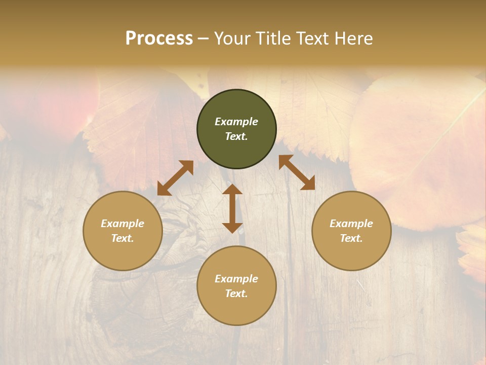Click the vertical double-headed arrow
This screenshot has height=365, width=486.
[x=232, y=208]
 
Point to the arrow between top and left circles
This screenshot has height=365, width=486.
[x=175, y=178]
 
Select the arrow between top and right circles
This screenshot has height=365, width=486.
[x=297, y=172]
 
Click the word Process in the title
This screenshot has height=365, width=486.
[x=159, y=38]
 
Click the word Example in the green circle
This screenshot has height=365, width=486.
[x=236, y=122]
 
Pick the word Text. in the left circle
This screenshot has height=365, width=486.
[x=123, y=238]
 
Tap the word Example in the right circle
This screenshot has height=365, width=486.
[x=351, y=224]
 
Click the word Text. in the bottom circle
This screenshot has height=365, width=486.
[x=236, y=294]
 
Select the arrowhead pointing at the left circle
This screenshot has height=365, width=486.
[x=164, y=189]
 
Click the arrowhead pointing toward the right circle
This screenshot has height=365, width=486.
[x=308, y=184]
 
